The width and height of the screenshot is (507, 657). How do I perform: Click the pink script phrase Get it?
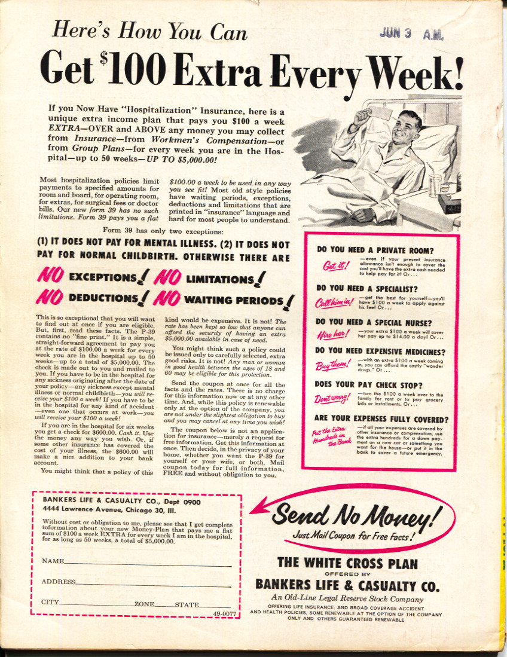[335, 266]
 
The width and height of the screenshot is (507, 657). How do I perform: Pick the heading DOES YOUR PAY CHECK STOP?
[368, 386]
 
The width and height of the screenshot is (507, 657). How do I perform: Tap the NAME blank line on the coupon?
[147, 562]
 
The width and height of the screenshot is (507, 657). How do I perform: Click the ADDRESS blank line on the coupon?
[153, 582]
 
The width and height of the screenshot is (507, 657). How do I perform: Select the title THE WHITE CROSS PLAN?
[347, 562]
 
